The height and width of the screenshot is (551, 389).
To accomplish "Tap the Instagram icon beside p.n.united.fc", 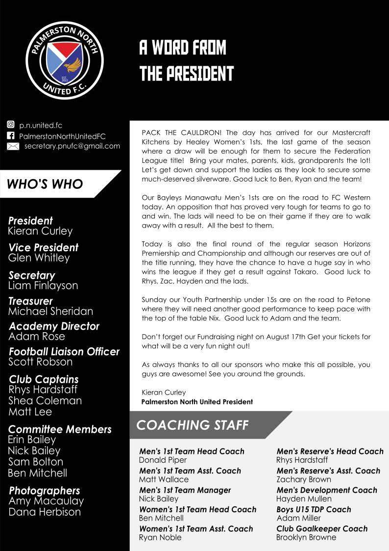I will pyautogui.click(x=11, y=125).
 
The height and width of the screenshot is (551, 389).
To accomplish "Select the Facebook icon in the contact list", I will pyautogui.click(x=11, y=136).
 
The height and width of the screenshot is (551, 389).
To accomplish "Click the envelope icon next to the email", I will pyautogui.click(x=13, y=146).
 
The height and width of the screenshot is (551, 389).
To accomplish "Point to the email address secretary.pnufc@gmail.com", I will pyautogui.click(x=72, y=146).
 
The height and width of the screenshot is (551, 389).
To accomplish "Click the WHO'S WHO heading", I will pyautogui.click(x=45, y=184).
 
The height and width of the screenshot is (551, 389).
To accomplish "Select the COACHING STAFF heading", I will pyautogui.click(x=192, y=425).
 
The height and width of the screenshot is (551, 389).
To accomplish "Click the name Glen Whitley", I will pyautogui.click(x=39, y=258).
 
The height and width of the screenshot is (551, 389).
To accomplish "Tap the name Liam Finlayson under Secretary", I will pyautogui.click(x=43, y=285).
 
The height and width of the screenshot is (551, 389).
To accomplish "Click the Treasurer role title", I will pyautogui.click(x=30, y=301).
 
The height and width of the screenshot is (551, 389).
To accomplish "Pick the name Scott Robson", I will pyautogui.click(x=40, y=362).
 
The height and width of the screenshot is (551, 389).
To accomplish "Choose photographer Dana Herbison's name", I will pyautogui.click(x=45, y=512).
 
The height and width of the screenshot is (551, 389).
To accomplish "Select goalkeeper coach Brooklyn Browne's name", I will pyautogui.click(x=306, y=537).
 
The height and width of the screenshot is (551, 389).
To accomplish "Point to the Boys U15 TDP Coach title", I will pyautogui.click(x=314, y=509).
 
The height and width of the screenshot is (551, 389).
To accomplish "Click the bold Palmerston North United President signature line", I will pyautogui.click(x=197, y=402).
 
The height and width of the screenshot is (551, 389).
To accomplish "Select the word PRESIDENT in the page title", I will pyautogui.click(x=198, y=74).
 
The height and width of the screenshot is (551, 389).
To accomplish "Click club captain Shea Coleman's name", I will pyautogui.click(x=45, y=400).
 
